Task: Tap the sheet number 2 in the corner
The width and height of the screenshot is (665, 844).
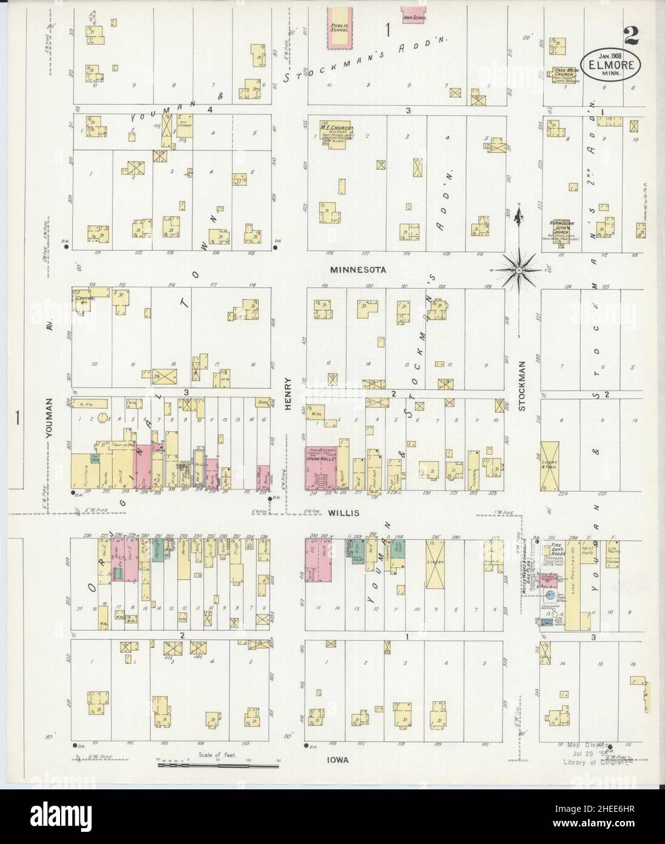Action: [630, 35]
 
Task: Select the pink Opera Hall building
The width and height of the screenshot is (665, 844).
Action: [320, 469]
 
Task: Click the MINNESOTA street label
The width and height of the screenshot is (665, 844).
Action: [358, 269]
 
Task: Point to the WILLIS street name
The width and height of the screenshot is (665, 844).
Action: [344, 513]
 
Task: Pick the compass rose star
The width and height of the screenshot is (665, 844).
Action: [520, 267]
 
